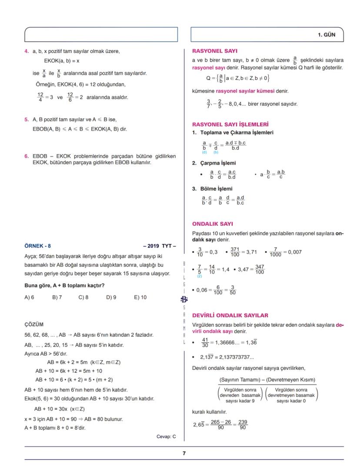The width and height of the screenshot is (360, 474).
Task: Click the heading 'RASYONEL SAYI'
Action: [x=214, y=51]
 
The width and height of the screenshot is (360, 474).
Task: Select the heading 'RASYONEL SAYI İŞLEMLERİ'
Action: [x=230, y=124]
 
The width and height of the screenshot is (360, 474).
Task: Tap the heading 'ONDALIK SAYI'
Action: [x=212, y=224]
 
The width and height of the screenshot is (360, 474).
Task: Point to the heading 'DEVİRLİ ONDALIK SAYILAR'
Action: [x=230, y=315]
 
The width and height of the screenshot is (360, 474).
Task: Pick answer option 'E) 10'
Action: [x=140, y=298]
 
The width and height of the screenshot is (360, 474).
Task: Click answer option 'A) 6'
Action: [x=29, y=298]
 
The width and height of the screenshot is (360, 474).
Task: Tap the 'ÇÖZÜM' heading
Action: [x=34, y=324]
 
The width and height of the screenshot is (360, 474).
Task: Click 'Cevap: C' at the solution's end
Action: [x=166, y=437]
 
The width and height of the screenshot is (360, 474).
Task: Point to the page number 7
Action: [x=184, y=454]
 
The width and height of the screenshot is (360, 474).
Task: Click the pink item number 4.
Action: [x=27, y=51]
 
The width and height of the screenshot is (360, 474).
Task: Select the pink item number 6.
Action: [x=27, y=156]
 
